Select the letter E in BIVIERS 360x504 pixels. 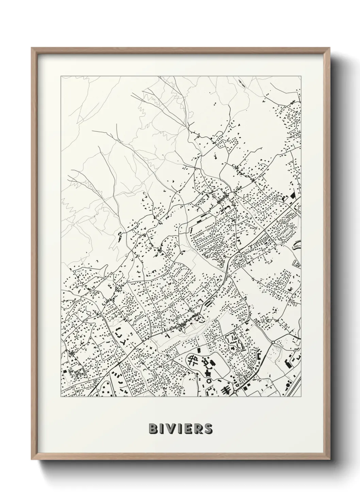pyautogui.click(x=189, y=428)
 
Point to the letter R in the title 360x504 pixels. pyautogui.click(x=198, y=428)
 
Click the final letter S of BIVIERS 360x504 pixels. pyautogui.click(x=208, y=428)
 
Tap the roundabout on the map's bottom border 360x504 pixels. pyautogui.click(x=235, y=392)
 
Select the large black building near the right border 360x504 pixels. pyautogui.click(x=292, y=196)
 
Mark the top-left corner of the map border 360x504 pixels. pyautogui.click(x=61, y=76)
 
